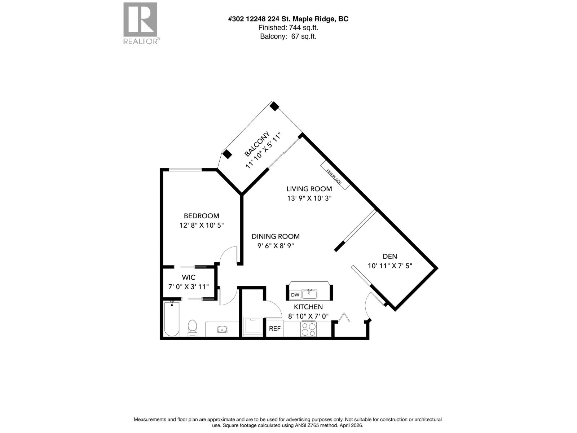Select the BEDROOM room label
pos(201,216)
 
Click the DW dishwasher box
pos(295,295)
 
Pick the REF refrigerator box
pos(275,329)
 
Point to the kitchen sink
pos(309,294)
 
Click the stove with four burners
pos(308,329)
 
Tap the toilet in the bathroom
pos(193,327)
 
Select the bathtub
pos(172,319)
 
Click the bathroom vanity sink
pos(222,329)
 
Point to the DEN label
pos(389,257)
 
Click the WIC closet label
pos(189,277)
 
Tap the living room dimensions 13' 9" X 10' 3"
pos(309,198)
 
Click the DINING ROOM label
pos(276,236)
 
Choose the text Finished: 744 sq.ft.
pos(288,28)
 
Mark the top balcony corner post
pos(274,106)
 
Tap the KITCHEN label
pos(308,307)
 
